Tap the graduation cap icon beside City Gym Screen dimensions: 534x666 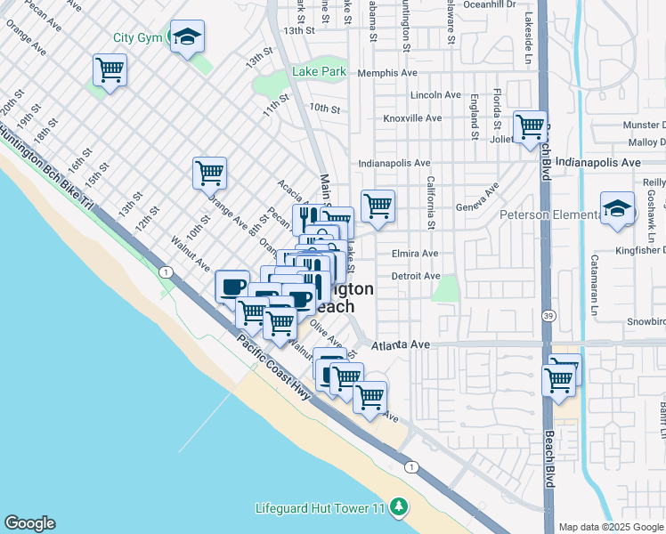point(187,36)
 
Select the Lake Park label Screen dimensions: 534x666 point(320,71)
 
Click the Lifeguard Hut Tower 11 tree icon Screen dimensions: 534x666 point(400,507)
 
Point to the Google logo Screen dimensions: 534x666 point(29,523)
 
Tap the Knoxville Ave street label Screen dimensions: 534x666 point(412,118)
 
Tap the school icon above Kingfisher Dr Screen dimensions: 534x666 point(616,208)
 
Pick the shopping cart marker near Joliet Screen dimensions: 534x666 point(530,125)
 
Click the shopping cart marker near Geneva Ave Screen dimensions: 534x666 point(378,206)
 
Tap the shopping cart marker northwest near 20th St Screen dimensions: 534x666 point(110,69)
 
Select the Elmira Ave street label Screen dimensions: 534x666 point(415,254)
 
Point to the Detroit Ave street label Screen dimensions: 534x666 point(416,277)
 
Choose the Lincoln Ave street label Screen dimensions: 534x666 point(435,95)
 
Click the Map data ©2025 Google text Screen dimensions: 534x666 point(611,527)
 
